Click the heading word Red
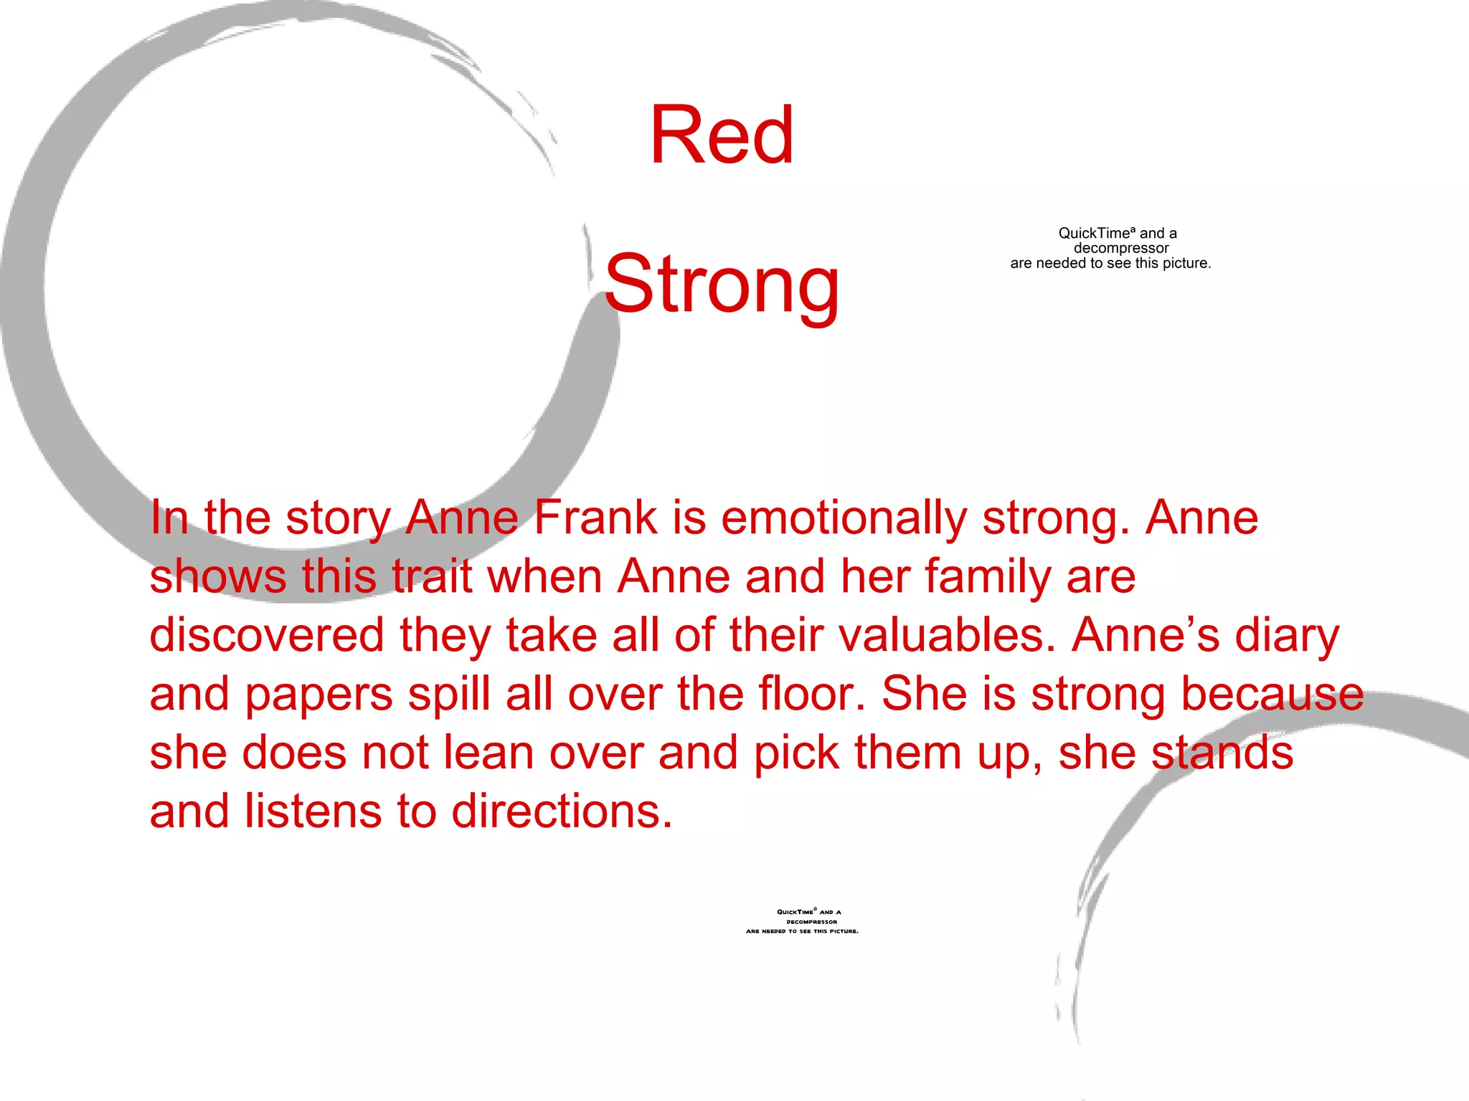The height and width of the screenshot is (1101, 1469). click(722, 135)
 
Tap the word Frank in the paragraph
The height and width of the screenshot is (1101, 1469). click(595, 518)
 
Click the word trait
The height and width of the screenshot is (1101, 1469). click(432, 576)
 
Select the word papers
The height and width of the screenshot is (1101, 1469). click(319, 695)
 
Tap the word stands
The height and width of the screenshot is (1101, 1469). click(1222, 753)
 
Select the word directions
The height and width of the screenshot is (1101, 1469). click(562, 811)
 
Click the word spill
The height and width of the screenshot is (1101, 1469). click(449, 695)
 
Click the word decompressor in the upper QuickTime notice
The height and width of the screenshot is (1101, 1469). click(1121, 248)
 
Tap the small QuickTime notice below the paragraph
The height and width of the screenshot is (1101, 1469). click(803, 922)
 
